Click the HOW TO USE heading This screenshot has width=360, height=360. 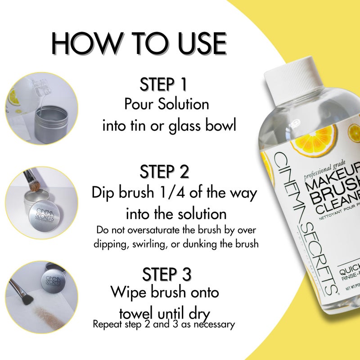coord(139,44)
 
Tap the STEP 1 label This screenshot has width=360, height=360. coord(163,85)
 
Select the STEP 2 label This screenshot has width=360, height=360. coord(164,172)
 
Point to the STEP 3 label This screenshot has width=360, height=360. coord(166,274)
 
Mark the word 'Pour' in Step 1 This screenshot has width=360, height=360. coord(139,104)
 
